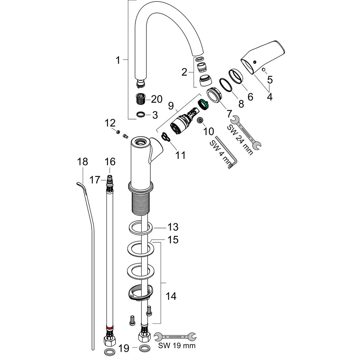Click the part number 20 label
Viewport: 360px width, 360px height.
(157, 99)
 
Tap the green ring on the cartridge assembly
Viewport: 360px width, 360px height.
(203, 105)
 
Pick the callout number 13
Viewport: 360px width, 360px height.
(173, 227)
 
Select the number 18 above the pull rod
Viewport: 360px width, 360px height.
(82, 162)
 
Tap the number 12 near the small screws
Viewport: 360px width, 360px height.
(110, 123)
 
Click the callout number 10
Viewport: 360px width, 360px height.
(208, 131)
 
